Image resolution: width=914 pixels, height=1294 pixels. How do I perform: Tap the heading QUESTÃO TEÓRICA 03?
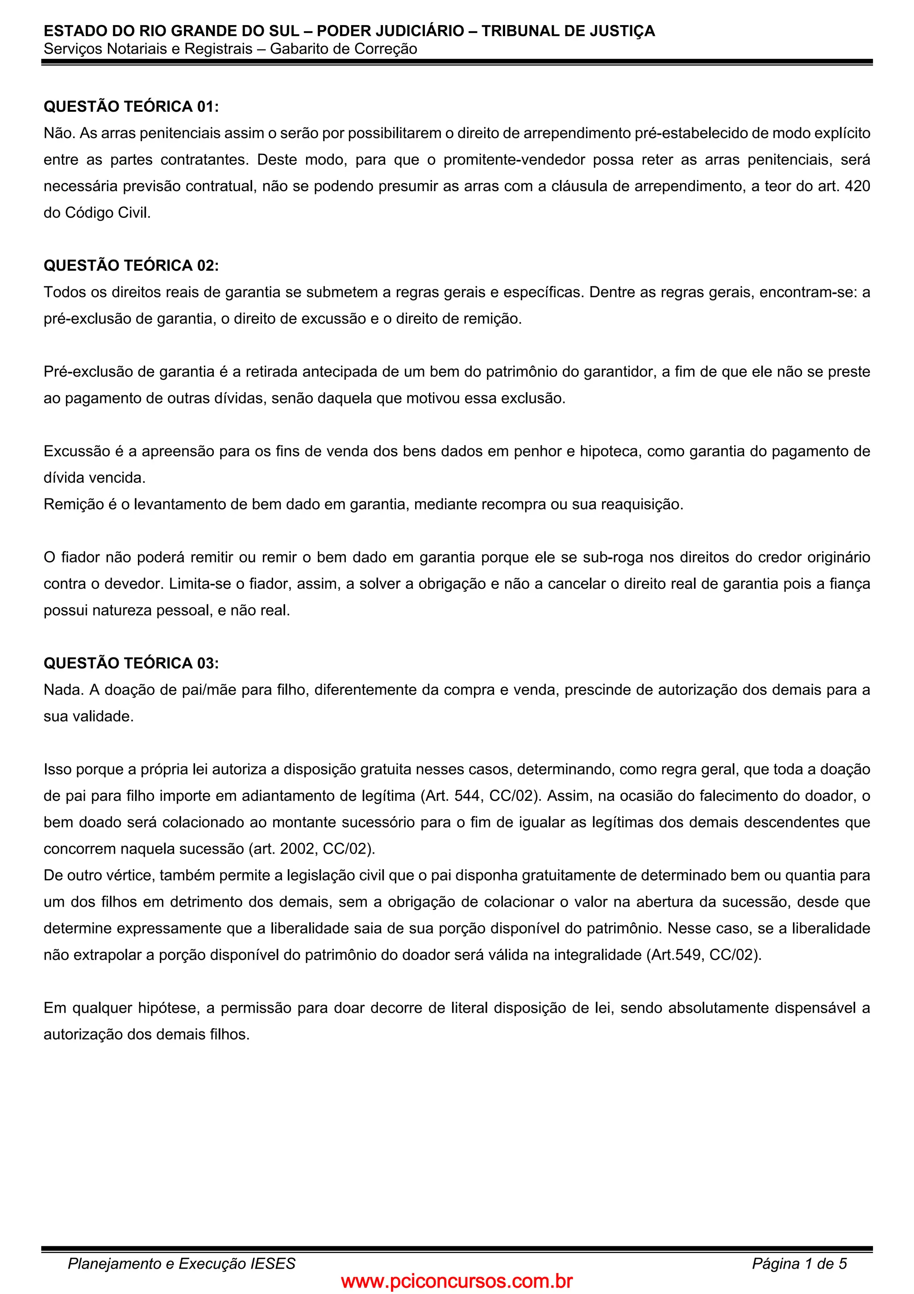tap(131, 663)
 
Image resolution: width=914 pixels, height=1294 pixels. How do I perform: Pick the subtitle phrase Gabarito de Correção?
tap(344, 49)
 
